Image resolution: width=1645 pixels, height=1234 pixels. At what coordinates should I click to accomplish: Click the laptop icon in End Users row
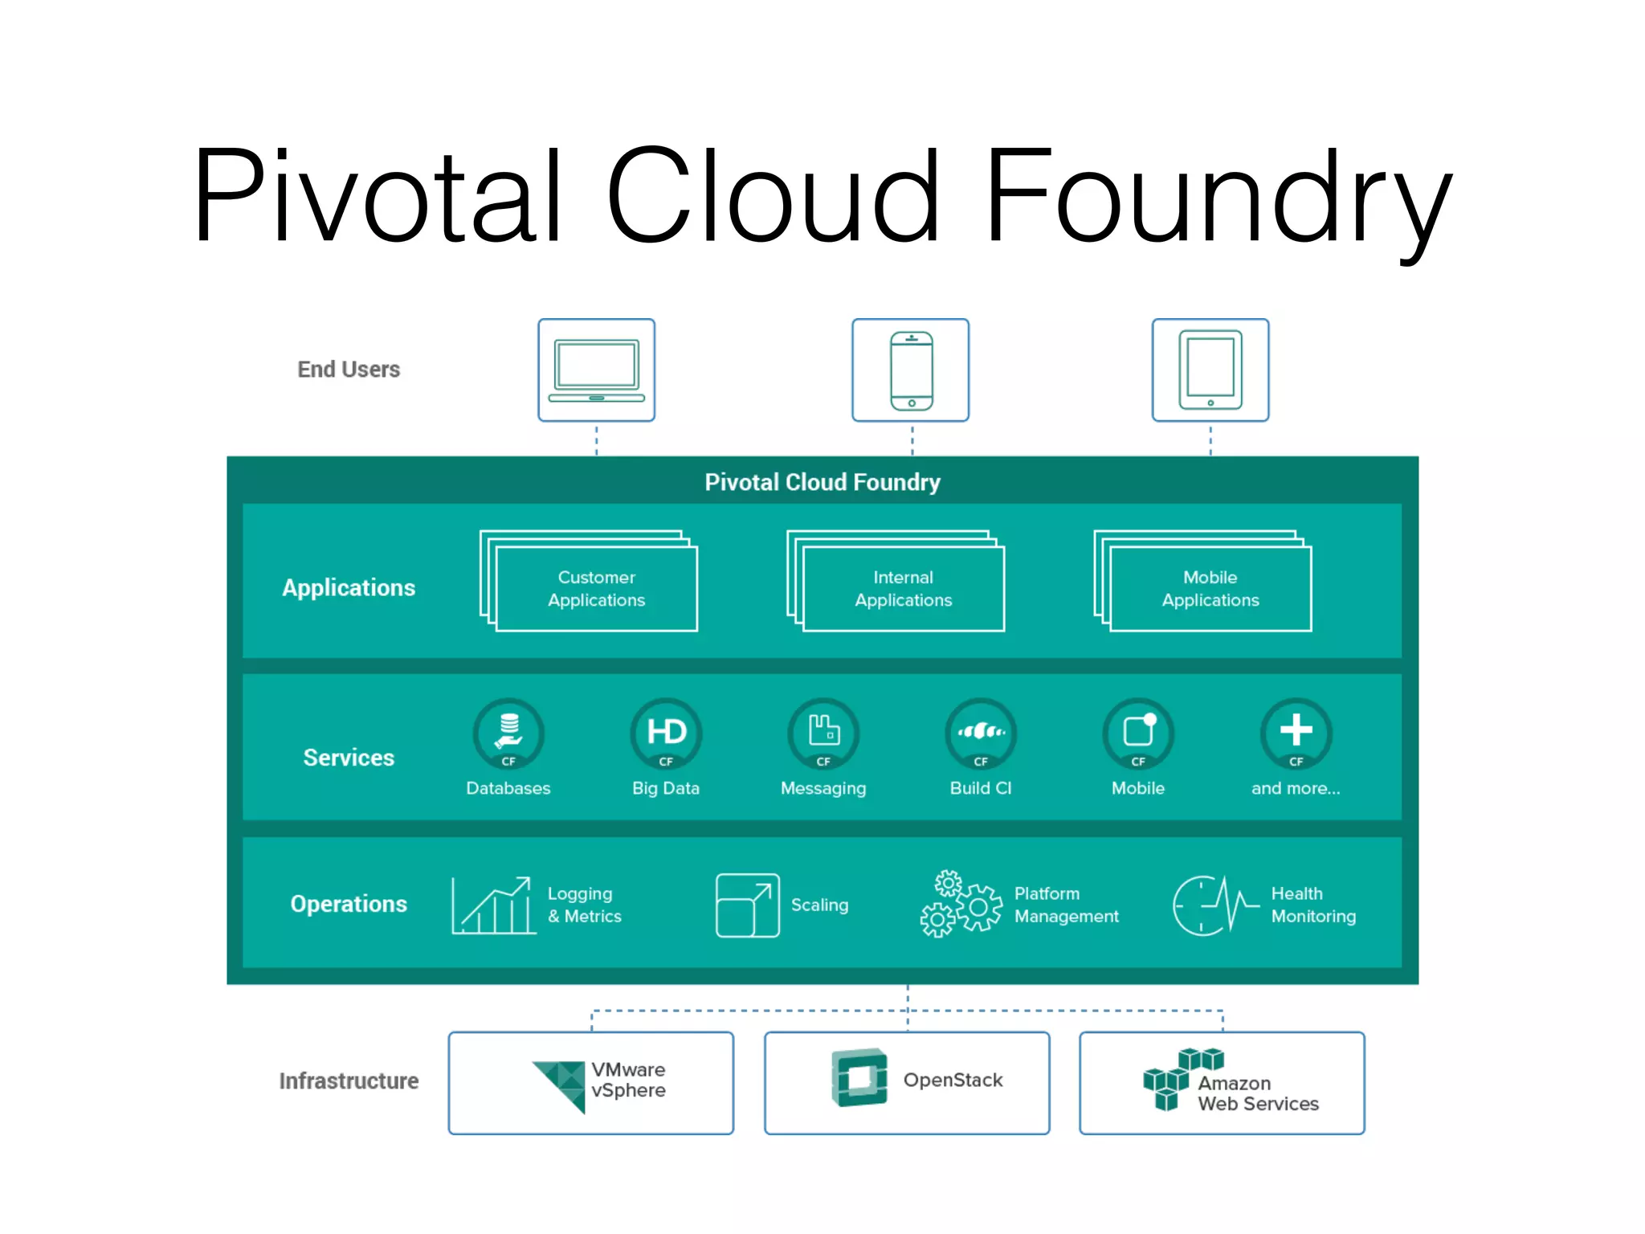coord(596,370)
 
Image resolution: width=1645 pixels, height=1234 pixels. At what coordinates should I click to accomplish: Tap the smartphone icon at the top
coord(911,370)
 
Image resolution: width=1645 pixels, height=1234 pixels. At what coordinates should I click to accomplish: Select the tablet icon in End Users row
coord(1210,370)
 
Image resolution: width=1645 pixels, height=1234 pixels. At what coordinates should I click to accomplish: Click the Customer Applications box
coord(596,589)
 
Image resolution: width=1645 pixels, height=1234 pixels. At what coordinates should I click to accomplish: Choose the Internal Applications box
coord(903,589)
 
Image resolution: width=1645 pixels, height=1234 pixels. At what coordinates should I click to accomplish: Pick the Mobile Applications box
coord(1210,589)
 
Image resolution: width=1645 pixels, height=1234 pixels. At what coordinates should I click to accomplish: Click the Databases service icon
coord(508,733)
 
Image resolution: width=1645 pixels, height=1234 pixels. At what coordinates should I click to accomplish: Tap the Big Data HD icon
coord(666,733)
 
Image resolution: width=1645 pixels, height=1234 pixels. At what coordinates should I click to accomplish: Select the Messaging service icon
coord(823,733)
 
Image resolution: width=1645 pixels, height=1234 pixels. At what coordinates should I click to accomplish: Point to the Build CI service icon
coord(981,733)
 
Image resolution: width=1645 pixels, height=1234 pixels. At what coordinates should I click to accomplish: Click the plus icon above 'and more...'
coord(1296,731)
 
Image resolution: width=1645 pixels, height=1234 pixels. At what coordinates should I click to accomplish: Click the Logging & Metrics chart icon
coord(493,905)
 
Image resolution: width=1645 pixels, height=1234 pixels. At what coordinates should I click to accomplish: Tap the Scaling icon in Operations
coord(747,905)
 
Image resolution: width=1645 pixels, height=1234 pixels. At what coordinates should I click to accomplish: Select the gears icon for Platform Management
coord(961,904)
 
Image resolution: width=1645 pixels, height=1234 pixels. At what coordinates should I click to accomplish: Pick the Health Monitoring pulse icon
coord(1214,905)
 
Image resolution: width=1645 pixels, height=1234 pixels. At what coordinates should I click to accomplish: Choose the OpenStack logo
coord(859,1078)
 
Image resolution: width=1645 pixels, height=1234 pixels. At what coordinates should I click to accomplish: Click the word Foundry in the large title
coord(1218,197)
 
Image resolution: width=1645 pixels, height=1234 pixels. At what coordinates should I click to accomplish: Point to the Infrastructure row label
coord(349,1081)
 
